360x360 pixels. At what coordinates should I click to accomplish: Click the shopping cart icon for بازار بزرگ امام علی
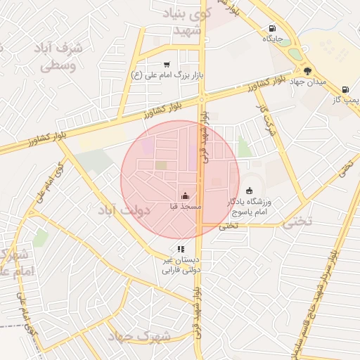tap(167, 65)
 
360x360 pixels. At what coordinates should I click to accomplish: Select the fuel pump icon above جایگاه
tap(271, 29)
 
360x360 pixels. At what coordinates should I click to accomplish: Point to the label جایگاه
tap(272, 39)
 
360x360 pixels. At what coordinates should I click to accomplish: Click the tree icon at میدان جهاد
tap(307, 71)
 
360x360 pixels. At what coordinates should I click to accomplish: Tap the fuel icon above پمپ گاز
tap(345, 89)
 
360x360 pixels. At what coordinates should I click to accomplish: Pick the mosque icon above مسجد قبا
tap(185, 195)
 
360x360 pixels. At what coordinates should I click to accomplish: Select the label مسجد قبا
tap(185, 207)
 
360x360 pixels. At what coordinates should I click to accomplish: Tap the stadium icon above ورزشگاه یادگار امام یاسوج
tap(249, 190)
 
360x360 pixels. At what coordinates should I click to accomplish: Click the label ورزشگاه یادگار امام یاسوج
tap(251, 206)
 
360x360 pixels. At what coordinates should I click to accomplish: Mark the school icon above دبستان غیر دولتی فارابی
tap(181, 248)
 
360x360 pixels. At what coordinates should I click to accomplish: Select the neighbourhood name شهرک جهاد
tap(141, 336)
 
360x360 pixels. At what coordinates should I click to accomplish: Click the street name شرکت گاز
tap(266, 120)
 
